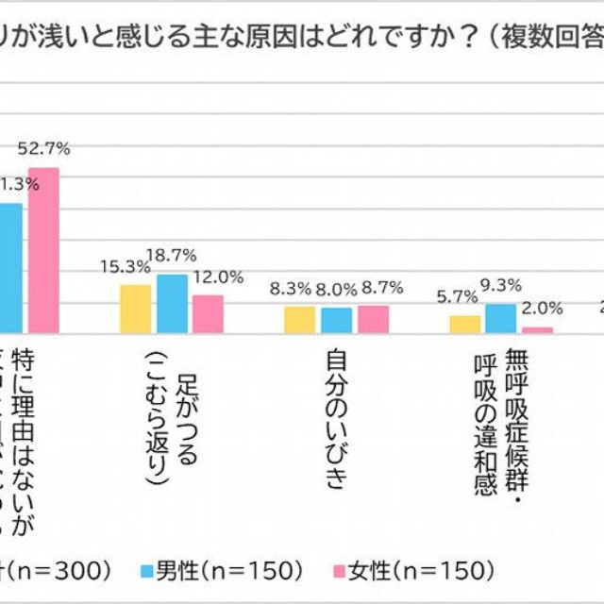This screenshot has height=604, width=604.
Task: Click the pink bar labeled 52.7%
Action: point(43,250)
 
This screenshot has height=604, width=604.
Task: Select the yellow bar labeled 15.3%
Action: point(136,309)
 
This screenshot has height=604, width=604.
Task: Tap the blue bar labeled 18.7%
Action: point(172,303)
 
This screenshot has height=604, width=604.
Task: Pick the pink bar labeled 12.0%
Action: point(208,313)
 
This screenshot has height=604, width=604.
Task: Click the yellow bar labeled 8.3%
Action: point(300,319)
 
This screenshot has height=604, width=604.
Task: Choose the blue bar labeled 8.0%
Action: point(336,320)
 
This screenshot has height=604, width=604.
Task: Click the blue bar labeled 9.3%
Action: point(501,318)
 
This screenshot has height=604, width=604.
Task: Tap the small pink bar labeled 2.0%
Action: point(537,329)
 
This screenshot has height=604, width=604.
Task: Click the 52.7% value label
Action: point(43,148)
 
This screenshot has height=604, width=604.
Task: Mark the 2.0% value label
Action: point(543,308)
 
